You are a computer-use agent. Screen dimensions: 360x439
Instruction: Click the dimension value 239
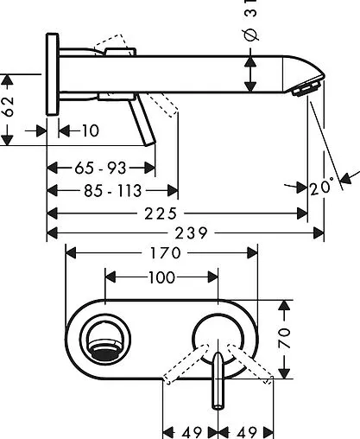(192, 232)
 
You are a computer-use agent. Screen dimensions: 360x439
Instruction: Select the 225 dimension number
(161, 213)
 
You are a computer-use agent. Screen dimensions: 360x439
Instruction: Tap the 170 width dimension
(166, 253)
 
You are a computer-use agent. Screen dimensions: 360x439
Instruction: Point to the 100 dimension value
(161, 277)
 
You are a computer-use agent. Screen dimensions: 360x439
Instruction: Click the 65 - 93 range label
(100, 168)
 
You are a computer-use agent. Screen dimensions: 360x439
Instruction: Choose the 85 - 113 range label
(113, 191)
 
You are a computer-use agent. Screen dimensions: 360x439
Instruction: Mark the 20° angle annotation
(321, 187)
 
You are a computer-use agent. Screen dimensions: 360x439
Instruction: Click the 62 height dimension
(9, 106)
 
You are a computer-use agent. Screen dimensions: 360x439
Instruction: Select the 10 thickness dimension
(91, 130)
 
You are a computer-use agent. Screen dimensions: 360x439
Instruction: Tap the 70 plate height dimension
(284, 338)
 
